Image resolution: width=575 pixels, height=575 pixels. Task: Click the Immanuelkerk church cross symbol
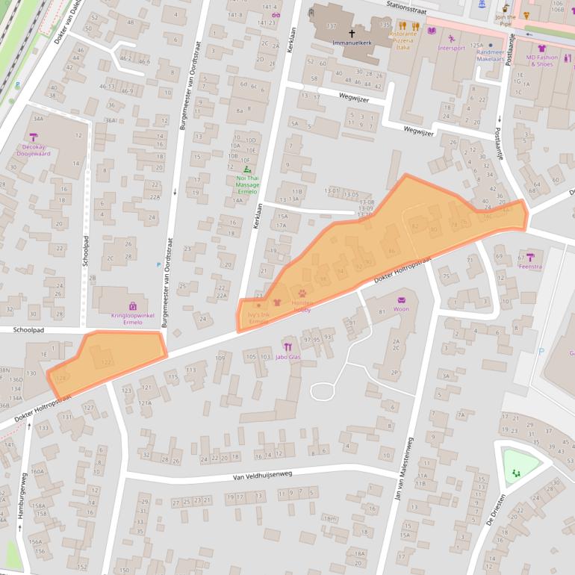pos(352,34)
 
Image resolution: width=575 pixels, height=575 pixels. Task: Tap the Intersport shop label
pos(451,49)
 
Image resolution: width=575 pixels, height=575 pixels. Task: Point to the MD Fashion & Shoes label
pos(541,60)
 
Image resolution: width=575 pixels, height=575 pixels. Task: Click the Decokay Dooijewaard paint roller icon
pos(33,137)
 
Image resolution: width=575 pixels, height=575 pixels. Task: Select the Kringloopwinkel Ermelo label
pos(132,318)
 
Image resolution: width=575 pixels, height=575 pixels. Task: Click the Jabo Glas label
pos(288,357)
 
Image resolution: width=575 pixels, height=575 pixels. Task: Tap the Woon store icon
pos(401,299)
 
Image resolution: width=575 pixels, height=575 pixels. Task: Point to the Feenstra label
pos(530,266)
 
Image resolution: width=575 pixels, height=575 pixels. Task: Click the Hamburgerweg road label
pos(22,496)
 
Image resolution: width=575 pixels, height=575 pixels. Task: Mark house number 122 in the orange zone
pos(106,362)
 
